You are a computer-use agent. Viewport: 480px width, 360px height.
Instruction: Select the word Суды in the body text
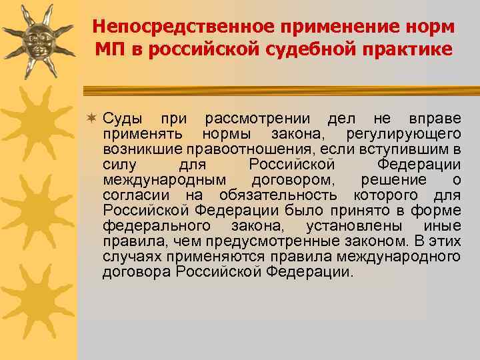(122, 119)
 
